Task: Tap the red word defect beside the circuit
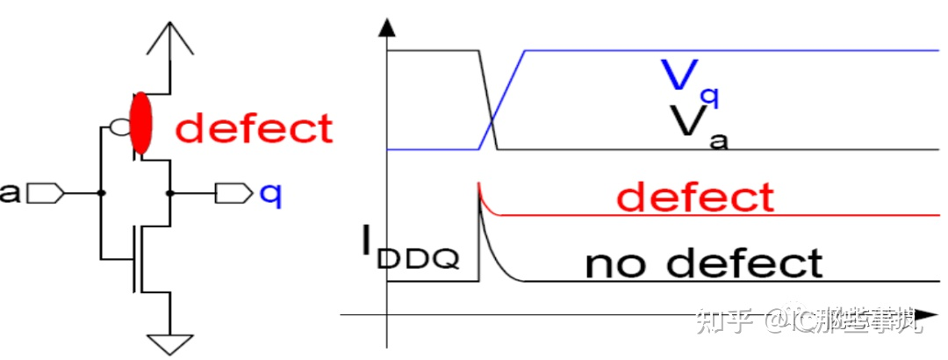tap(255, 129)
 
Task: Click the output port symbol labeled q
tap(233, 192)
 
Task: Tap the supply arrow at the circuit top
tap(169, 39)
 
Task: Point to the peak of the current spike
tap(478, 184)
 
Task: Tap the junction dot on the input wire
tap(102, 192)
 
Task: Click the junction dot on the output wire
tap(169, 192)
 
